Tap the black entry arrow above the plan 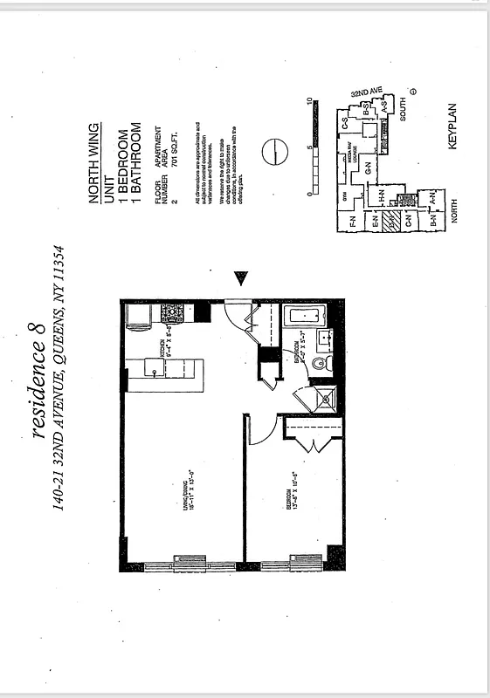coord(242,278)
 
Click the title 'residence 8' coord(43,390)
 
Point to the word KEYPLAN coord(453,130)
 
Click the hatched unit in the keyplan coord(392,222)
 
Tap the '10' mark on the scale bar coord(308,102)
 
